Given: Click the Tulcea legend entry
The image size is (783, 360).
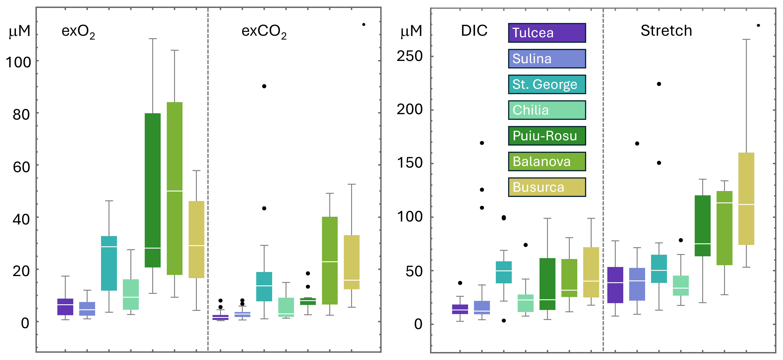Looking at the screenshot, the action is [x=547, y=33].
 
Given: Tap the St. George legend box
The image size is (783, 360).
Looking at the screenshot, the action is [x=547, y=84].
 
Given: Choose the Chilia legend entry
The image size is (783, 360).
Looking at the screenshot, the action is [x=547, y=110].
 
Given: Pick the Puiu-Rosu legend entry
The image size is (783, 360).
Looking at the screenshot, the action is [x=547, y=136].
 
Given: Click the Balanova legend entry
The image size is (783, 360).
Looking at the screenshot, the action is [x=547, y=161].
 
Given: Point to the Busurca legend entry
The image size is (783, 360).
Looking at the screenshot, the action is [x=547, y=187].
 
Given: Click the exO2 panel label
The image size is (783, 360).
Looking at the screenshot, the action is [x=78, y=32].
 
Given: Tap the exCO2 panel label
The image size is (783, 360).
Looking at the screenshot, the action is [x=264, y=32].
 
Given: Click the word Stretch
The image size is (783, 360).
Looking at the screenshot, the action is [x=666, y=31].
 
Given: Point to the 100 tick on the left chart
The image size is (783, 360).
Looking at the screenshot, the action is [x=18, y=62].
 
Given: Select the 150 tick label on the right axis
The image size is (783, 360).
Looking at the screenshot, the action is [x=410, y=163].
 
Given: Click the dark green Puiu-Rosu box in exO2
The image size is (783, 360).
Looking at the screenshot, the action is [x=153, y=190].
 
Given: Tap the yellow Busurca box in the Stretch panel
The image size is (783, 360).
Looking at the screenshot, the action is [x=746, y=199].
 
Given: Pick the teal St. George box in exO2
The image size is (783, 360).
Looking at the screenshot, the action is [x=109, y=263].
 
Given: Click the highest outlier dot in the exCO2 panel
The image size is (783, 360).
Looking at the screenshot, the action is [x=364, y=24].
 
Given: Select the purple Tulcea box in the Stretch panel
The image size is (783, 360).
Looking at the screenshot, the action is [x=615, y=285].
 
